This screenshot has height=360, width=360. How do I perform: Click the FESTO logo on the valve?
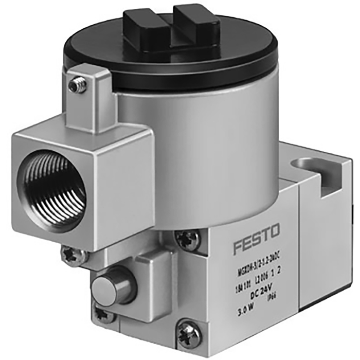point(256,238)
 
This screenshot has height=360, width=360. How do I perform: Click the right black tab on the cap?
point(197,24)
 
